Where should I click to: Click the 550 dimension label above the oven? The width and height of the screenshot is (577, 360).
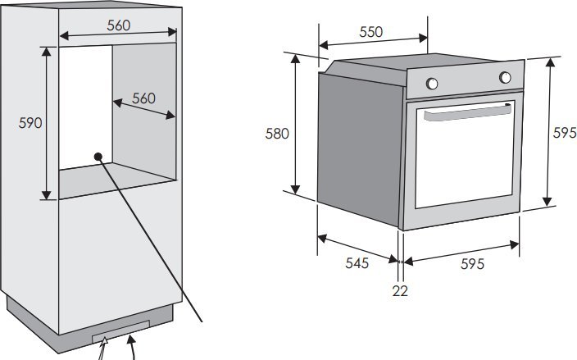coord(371,32)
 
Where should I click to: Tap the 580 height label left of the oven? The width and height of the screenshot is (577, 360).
coord(277,134)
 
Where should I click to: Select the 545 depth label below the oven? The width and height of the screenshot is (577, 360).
coord(357,262)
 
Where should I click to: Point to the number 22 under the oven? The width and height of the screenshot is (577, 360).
coord(400,291)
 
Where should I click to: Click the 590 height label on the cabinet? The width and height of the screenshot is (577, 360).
coord(30,123)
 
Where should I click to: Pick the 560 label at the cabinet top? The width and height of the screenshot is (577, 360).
coord(119,25)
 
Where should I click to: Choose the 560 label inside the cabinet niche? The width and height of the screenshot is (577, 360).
coord(143,98)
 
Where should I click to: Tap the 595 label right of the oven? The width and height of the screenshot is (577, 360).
coord(565,133)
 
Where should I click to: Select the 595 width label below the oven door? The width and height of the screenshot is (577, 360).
coord(472,264)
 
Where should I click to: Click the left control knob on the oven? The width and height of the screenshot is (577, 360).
coord(432,84)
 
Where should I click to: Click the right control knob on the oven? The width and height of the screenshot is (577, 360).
coord(505,77)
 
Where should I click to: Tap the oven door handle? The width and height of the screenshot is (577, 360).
coord(467,112)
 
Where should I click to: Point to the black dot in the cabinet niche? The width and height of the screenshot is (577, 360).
coord(98,157)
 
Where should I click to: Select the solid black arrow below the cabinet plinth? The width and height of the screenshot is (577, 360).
coord(131,346)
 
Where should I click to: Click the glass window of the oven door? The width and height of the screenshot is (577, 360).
coord(465,155)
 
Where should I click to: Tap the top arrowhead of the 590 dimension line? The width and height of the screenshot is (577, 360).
coord(46,52)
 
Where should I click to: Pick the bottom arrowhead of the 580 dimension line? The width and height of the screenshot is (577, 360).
coord(295,189)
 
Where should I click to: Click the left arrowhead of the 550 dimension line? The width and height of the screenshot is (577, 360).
coord(323,45)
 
